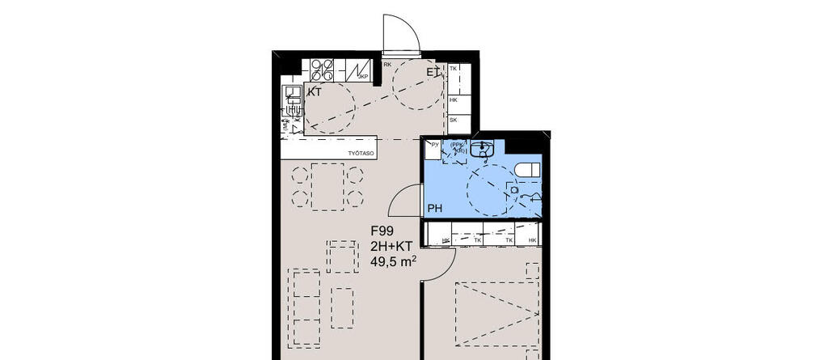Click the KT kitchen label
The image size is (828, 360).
(314, 92)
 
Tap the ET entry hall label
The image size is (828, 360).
(433, 73)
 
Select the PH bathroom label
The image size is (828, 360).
(435, 209)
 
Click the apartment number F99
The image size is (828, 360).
(382, 230)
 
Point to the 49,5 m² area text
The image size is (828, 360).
(393, 260)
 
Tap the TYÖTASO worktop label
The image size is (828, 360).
(360, 151)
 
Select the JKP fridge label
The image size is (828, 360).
(363, 77)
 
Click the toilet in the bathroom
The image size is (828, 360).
(527, 170)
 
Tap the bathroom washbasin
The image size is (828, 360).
(483, 149)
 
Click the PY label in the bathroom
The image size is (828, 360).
(434, 145)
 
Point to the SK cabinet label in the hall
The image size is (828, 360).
(454, 120)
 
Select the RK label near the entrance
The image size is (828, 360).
(387, 65)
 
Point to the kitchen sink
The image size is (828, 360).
(290, 101)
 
